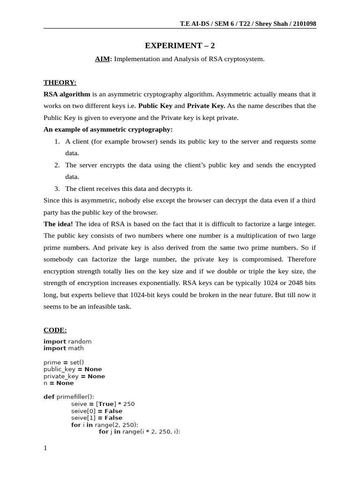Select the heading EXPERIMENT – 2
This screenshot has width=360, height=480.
[x=180, y=45]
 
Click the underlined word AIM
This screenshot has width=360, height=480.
[x=102, y=59]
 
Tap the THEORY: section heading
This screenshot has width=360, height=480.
[x=60, y=82]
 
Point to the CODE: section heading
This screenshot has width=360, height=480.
[x=55, y=330]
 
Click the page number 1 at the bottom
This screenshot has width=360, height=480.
[x=45, y=448]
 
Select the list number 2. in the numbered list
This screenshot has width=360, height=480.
[x=57, y=165]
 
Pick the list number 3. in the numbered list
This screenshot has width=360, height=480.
[x=57, y=188]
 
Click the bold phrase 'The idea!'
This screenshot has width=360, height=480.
[x=58, y=224]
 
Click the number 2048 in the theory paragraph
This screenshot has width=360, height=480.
[x=293, y=283]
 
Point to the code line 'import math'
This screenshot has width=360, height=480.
[x=64, y=348]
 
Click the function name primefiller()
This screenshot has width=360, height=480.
[x=75, y=397]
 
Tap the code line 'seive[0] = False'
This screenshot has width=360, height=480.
[x=97, y=411]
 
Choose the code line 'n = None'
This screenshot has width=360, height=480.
[x=59, y=383]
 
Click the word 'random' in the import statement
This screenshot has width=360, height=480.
[x=80, y=341]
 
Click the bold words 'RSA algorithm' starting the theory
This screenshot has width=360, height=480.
[x=67, y=94]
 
